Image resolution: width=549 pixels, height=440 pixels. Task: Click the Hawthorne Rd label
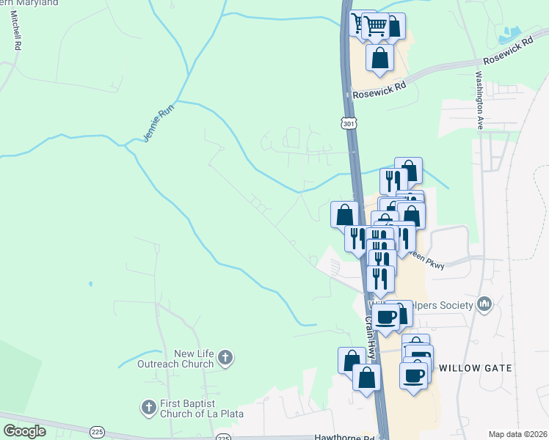click(344, 438)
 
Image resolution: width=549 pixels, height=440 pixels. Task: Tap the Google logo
click(25, 431)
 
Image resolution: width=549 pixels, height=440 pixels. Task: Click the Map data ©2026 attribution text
click(517, 434)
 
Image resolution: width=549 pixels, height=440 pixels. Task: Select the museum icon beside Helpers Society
click(484, 303)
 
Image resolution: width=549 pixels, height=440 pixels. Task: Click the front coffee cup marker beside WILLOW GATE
click(413, 375)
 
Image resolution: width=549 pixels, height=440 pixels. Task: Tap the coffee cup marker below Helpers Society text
click(386, 316)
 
